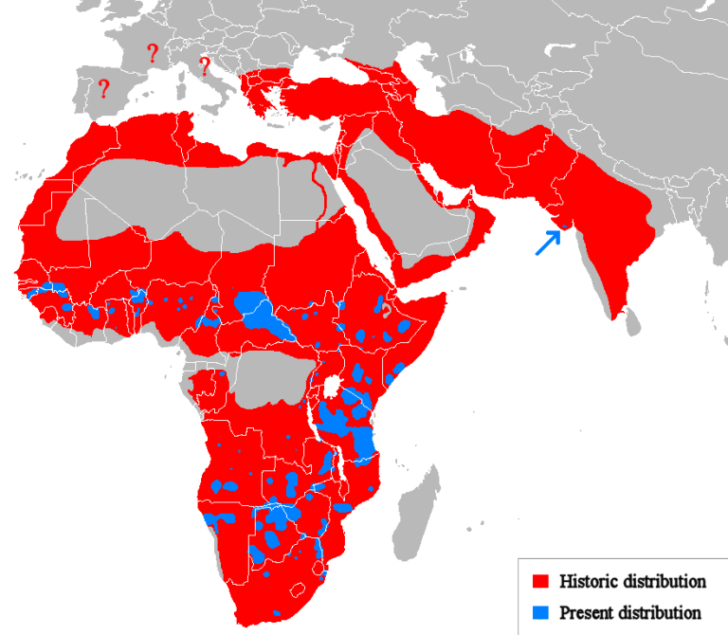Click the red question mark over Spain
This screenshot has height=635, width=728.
coord(104,89)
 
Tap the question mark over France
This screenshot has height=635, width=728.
coord(152,52)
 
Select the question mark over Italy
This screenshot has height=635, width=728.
coord(203,65)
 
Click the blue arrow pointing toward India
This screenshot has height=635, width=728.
coord(547,243)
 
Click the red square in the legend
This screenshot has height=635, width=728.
coord(542,580)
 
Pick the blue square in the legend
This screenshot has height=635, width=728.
coord(542,611)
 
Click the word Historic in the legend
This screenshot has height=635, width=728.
coord(588,580)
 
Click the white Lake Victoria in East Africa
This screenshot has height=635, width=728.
coord(333,388)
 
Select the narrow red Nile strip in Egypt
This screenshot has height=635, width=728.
coord(322,190)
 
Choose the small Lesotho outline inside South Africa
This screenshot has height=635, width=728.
coord(300,589)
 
